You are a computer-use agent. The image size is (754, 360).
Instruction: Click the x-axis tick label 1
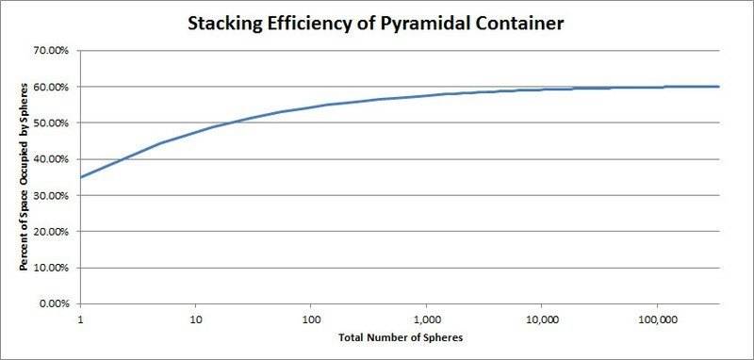pyautogui.click(x=81, y=320)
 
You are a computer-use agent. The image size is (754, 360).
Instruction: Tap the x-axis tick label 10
pyautogui.click(x=196, y=320)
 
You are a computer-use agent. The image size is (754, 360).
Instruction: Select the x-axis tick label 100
pyautogui.click(x=311, y=320)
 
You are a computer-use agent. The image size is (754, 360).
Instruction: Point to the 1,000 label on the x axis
pyautogui.click(x=426, y=320)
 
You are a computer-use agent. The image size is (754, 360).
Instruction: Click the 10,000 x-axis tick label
pyautogui.click(x=541, y=320)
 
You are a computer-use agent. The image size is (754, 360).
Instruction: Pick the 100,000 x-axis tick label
pyautogui.click(x=656, y=320)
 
